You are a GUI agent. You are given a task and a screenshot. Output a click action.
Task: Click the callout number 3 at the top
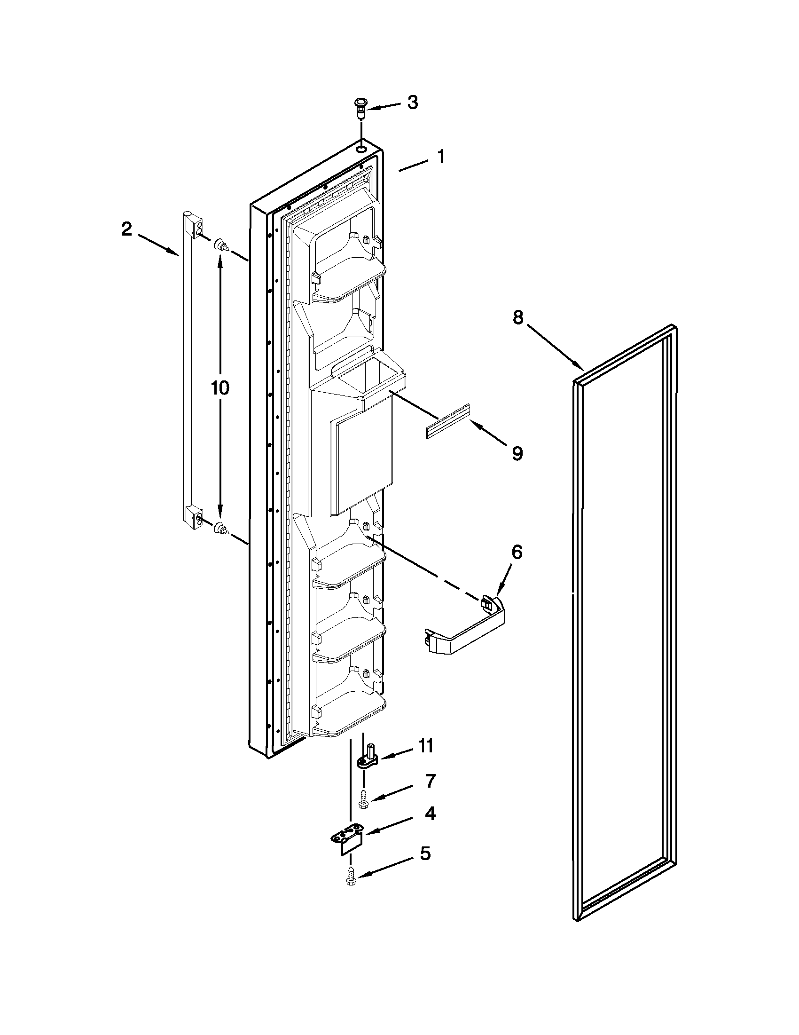(x=413, y=103)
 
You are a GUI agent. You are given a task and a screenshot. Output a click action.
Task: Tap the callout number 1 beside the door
(x=441, y=157)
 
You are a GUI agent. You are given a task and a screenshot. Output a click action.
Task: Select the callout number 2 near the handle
(x=126, y=230)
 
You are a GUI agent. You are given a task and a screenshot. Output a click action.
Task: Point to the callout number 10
(x=220, y=387)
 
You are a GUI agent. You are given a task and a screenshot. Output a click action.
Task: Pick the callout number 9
(x=517, y=453)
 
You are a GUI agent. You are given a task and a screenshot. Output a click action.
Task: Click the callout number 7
(x=430, y=781)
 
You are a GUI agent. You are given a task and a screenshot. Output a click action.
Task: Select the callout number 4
(x=430, y=814)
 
